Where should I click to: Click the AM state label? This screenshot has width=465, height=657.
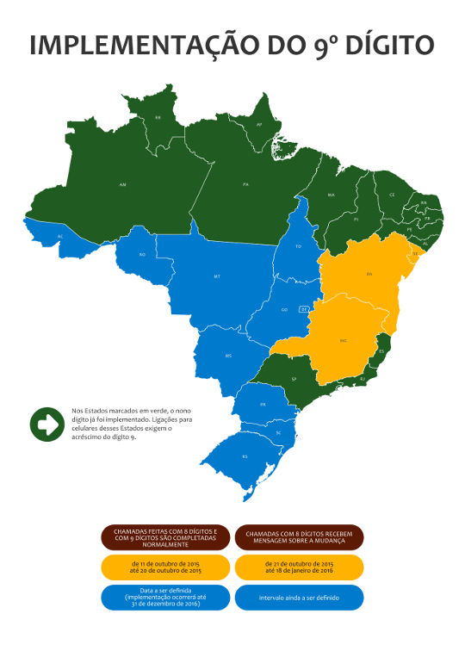(123, 184)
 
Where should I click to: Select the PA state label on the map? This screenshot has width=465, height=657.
(245, 184)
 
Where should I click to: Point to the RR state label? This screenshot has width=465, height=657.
(158, 117)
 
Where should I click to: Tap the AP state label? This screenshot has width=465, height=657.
(259, 125)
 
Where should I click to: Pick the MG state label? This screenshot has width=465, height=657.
(343, 341)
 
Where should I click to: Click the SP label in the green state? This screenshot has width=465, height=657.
(294, 378)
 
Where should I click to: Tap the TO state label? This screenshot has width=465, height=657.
(299, 246)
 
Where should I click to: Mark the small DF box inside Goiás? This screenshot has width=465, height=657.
(304, 308)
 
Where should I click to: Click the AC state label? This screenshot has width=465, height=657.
(60, 235)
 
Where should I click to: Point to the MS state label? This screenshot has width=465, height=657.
(228, 355)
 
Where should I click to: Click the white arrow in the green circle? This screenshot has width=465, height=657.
(47, 425)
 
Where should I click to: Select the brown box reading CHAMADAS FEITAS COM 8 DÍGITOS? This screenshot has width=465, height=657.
(165, 537)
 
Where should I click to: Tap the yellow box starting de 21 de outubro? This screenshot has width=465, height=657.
(299, 566)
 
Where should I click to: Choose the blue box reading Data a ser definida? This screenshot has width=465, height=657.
(165, 597)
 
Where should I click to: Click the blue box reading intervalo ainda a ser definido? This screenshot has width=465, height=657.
(299, 597)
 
